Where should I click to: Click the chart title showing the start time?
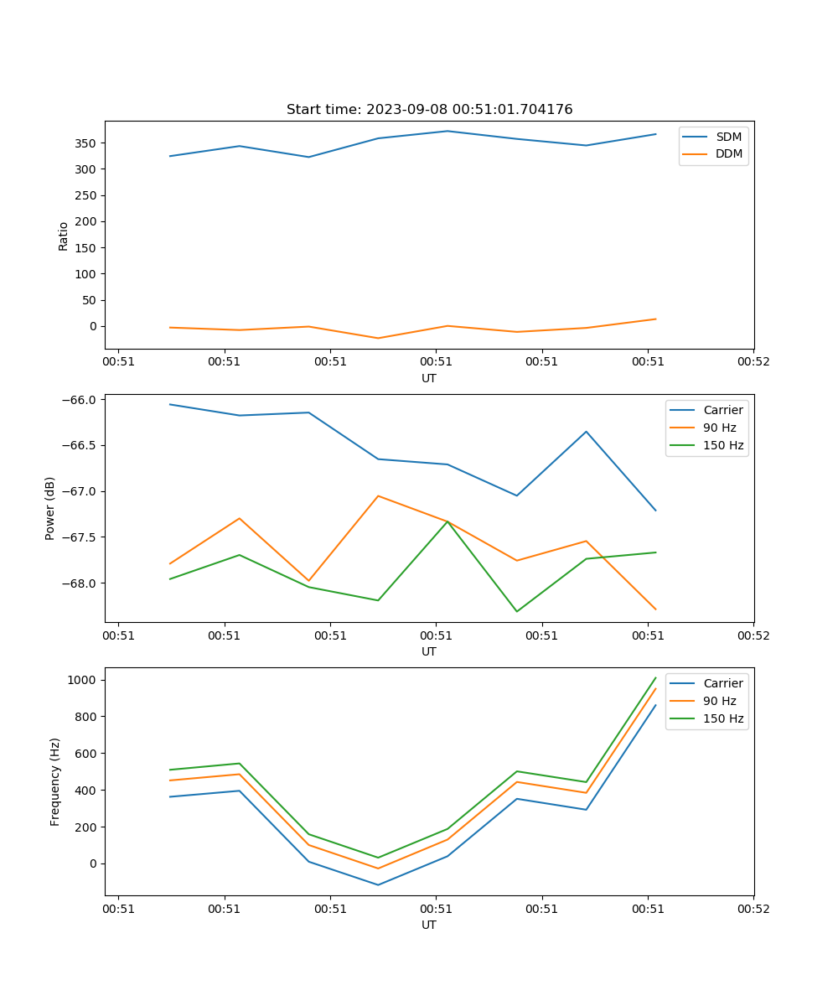[x=429, y=110]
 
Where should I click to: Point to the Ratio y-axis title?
[x=64, y=236]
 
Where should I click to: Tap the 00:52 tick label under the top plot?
[x=753, y=362]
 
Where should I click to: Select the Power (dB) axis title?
[x=50, y=508]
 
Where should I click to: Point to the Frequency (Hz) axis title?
[x=55, y=781]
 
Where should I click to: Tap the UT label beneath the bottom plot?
[x=429, y=926]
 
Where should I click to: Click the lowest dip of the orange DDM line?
[x=378, y=339]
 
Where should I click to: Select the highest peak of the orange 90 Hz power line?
[x=378, y=495]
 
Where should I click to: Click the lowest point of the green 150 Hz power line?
[x=516, y=611]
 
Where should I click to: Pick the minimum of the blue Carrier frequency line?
[x=378, y=885]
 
